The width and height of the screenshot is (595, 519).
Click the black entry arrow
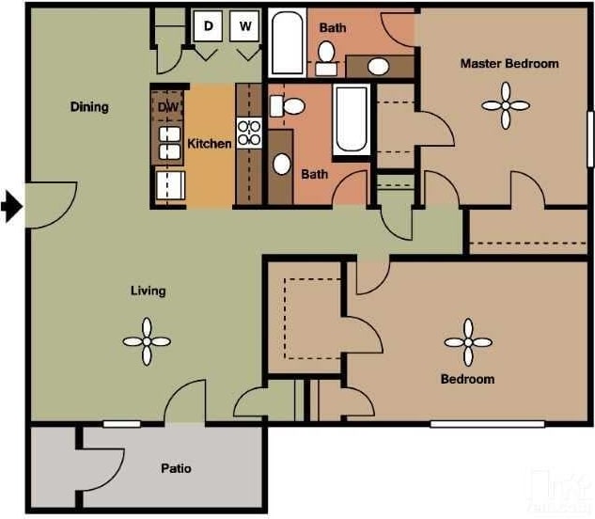click(x=10, y=206)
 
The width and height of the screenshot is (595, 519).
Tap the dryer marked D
click(x=208, y=26)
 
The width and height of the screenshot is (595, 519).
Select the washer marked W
click(x=245, y=26)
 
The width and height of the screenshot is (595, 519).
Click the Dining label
click(x=89, y=106)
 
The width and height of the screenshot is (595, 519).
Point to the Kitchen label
click(x=209, y=144)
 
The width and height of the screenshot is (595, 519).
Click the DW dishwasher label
click(x=167, y=107)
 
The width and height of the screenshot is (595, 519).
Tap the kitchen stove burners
click(x=249, y=133)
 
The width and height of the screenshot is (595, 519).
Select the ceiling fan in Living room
click(x=147, y=341)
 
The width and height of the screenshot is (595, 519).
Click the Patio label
click(x=175, y=468)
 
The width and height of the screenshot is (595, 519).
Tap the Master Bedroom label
click(x=509, y=64)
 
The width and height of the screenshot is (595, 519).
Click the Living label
click(x=148, y=291)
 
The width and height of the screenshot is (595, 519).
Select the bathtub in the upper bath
click(x=286, y=43)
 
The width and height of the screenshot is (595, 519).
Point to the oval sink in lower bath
click(x=281, y=163)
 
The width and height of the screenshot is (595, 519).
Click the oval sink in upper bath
click(x=378, y=67)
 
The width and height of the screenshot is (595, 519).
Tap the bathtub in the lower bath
click(x=352, y=118)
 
